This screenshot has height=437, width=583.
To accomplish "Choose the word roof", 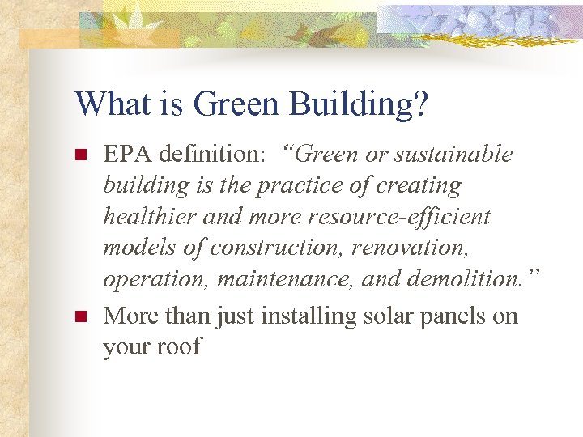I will pos(180,347).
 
